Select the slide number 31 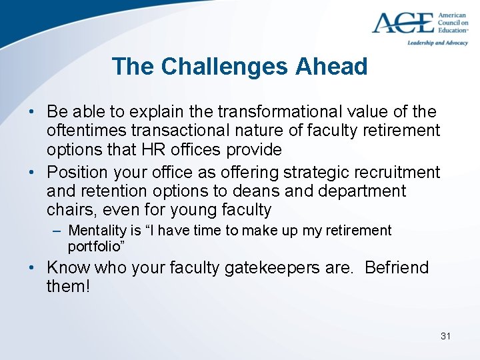coord(445,336)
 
